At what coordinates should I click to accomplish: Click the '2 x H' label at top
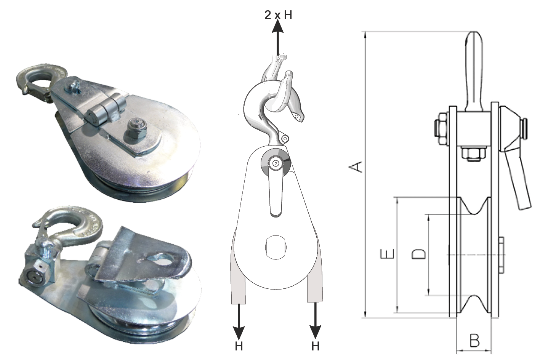tap(278, 15)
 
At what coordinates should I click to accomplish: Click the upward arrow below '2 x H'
tap(278, 37)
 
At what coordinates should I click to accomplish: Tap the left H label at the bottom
tap(239, 347)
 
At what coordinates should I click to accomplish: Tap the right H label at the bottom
tap(315, 346)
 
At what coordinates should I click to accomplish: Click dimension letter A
tap(356, 167)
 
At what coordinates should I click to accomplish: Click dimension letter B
tap(474, 341)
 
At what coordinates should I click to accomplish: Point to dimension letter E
tap(387, 254)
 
